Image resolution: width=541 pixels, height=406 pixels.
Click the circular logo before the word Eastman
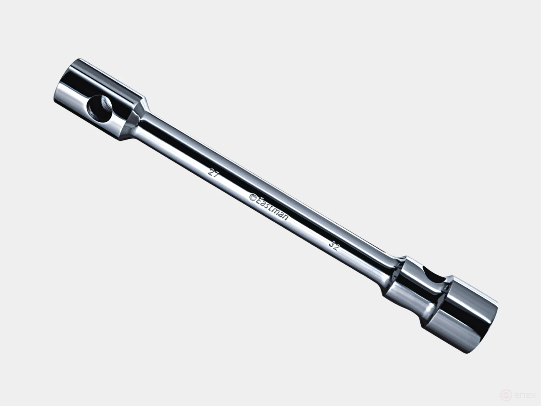click(253, 198)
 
